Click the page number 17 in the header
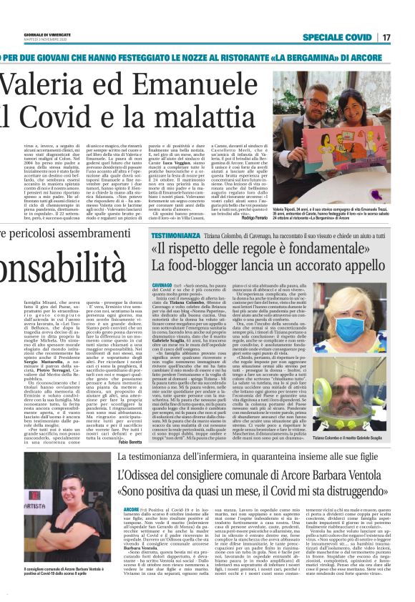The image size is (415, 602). coord(405,37)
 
